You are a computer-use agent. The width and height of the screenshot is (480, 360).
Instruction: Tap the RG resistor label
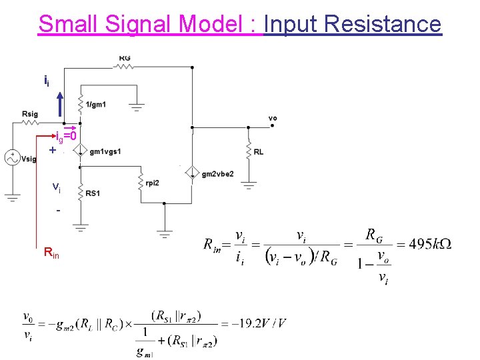pos(125,58)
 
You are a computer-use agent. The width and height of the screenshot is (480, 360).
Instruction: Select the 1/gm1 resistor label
pos(96,105)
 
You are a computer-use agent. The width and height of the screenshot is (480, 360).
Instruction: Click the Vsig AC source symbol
pos(12,158)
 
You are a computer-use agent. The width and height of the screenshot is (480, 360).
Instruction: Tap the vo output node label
pos(272,118)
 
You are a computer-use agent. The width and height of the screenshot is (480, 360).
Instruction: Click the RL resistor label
pos(258,152)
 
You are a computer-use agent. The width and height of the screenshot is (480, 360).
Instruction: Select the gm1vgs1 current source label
pos(105,151)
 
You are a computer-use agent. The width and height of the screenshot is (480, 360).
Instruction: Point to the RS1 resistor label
pos(93,194)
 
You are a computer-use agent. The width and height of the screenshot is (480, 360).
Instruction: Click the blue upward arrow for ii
pos(60,105)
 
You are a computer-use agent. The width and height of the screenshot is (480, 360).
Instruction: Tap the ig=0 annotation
pos(66,137)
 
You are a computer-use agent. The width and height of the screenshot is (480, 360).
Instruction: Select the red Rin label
pos(51,253)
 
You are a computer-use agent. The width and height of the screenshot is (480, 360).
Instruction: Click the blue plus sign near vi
pos(52,151)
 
